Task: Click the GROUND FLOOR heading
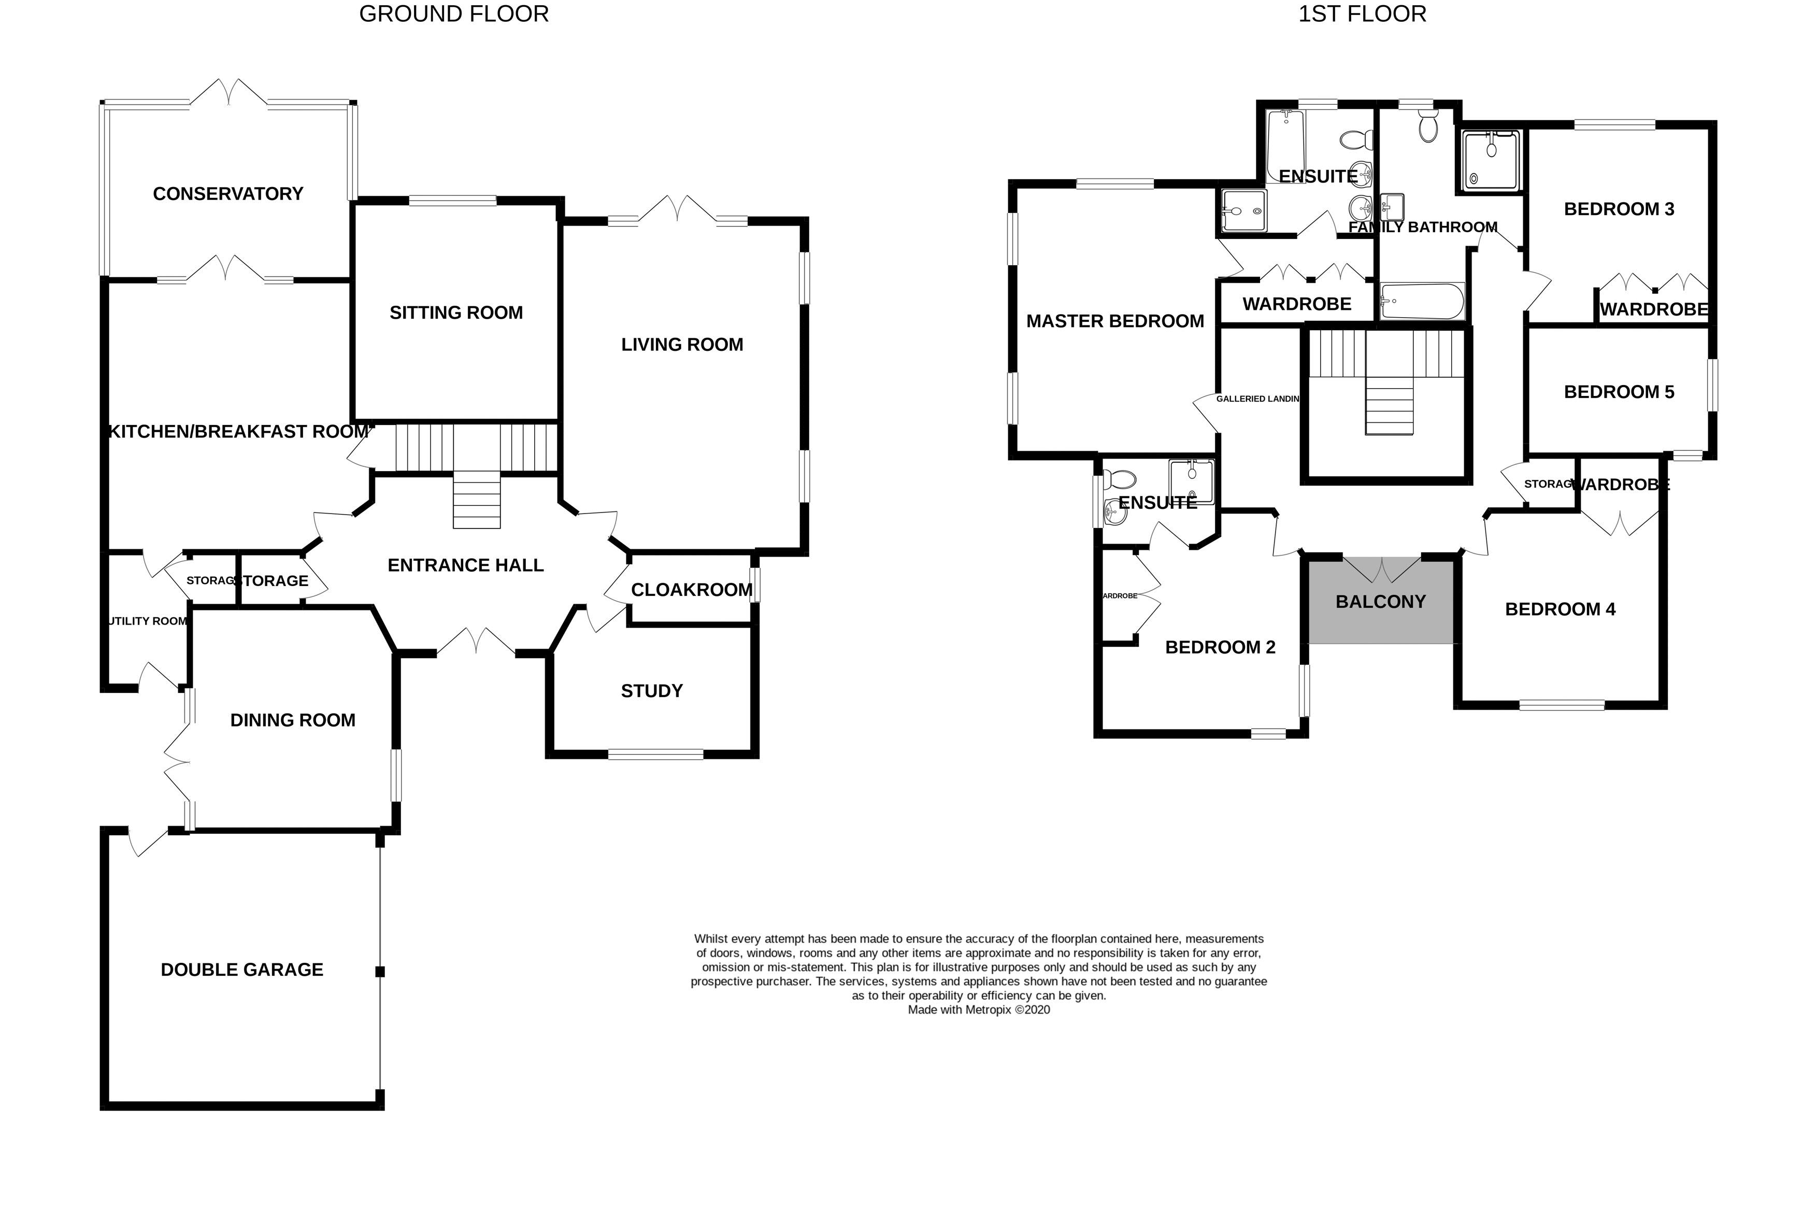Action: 454,14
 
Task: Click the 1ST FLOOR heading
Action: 1362,14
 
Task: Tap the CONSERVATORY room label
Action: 227,194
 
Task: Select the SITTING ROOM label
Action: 456,312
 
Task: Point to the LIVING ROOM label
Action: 682,344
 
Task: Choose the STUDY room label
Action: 652,691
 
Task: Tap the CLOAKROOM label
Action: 691,590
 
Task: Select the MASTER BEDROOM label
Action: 1115,321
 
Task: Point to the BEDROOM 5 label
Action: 1619,392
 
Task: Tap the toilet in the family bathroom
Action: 1428,127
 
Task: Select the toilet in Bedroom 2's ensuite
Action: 1119,480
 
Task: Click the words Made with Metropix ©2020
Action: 978,1009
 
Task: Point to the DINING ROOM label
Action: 292,720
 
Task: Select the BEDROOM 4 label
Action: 1560,609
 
